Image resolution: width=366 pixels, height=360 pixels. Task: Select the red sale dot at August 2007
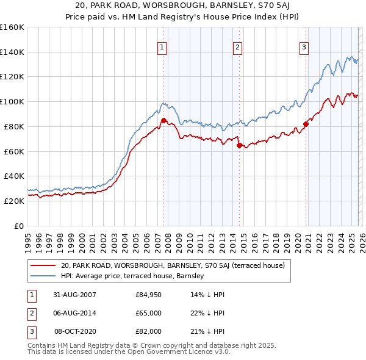point(163,120)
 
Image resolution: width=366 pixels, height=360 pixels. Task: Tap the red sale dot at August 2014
point(239,145)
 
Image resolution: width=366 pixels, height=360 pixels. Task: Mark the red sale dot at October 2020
point(306,124)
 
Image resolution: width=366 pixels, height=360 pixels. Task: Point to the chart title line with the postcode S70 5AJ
point(183,7)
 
